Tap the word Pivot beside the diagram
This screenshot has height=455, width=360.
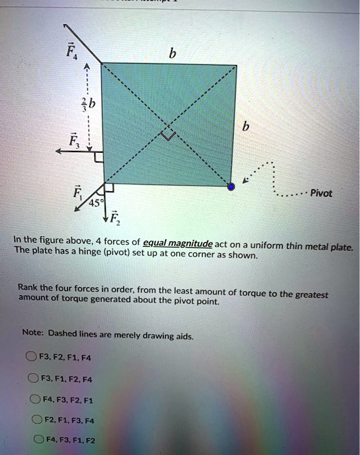click(321, 194)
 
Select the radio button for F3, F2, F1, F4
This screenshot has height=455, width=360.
click(31, 356)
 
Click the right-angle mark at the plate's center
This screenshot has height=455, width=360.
click(169, 135)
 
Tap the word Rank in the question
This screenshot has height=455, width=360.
click(30, 287)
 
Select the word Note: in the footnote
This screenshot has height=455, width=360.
click(32, 333)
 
